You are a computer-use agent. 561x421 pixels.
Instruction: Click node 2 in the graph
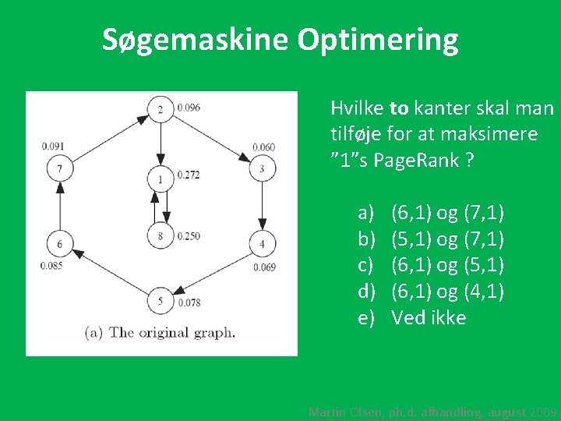point(161,108)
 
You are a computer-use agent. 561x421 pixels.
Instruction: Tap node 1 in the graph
point(161,179)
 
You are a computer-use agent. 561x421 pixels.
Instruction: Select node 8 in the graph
point(161,235)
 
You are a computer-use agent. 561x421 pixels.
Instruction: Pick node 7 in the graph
point(59,168)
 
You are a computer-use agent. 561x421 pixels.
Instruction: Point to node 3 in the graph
point(262,168)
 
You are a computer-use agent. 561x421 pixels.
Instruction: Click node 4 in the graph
point(262,244)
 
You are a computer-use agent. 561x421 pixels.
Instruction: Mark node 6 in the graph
point(59,244)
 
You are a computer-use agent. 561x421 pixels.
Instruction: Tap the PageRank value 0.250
point(189,236)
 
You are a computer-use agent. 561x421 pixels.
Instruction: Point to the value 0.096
point(189,107)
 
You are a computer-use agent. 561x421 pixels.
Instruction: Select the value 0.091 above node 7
point(54,145)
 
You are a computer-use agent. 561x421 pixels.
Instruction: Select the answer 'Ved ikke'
point(429,317)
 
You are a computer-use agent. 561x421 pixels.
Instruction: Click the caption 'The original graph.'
point(171,332)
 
